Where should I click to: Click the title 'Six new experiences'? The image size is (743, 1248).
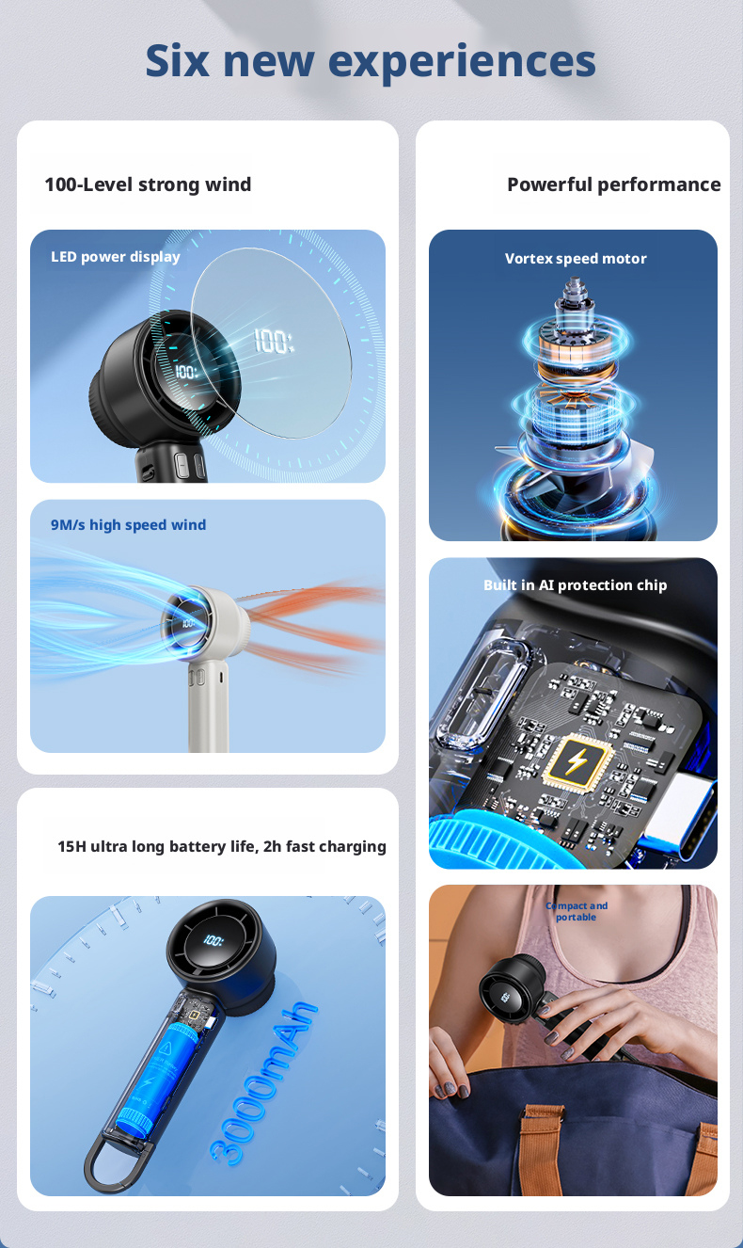(371, 61)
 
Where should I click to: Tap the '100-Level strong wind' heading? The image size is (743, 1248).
(148, 184)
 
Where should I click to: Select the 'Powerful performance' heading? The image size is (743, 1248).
(614, 184)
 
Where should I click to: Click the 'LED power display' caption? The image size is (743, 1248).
(116, 257)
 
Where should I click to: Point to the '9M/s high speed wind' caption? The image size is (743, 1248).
(129, 525)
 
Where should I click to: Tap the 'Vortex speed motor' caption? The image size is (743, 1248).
(576, 259)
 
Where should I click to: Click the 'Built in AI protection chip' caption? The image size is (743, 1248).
(575, 585)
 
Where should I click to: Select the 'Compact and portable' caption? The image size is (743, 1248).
(576, 911)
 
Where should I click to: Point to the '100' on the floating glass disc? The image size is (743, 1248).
(274, 341)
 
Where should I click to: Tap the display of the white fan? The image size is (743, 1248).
(187, 622)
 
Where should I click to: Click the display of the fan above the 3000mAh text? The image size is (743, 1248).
(213, 940)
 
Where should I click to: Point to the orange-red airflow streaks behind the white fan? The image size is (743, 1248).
(314, 624)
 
